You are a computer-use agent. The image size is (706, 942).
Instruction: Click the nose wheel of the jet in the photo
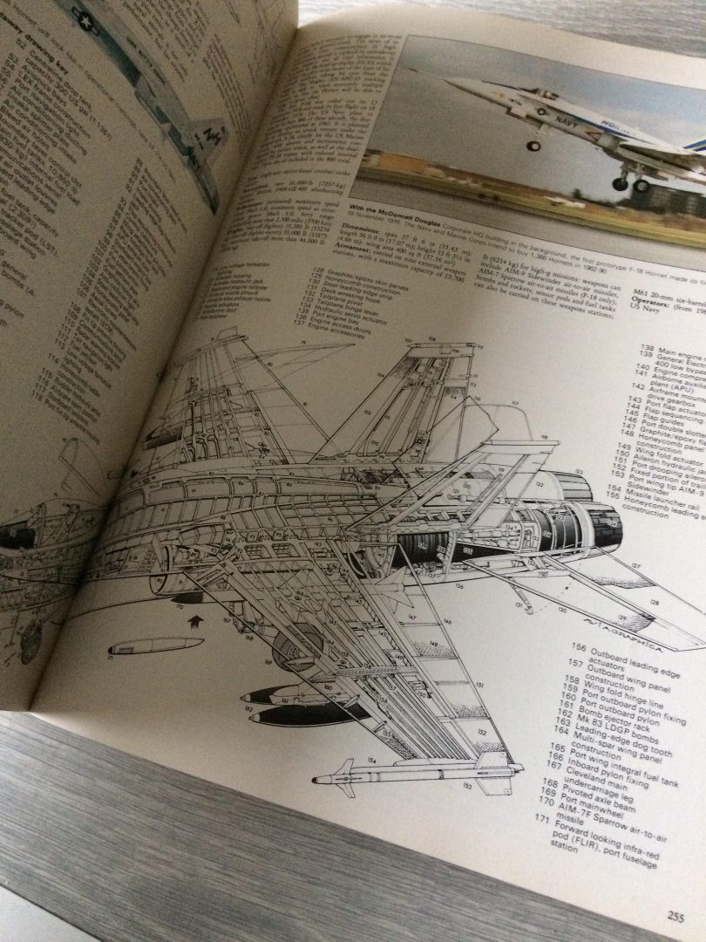(533, 145)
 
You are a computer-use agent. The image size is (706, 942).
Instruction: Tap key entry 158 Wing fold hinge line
(610, 680)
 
